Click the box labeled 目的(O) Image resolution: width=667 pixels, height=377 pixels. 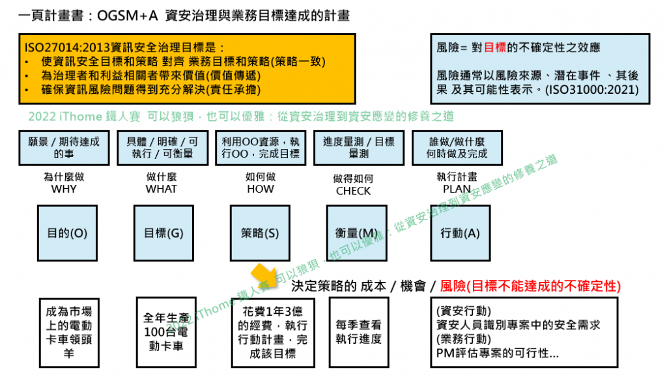[x=63, y=232]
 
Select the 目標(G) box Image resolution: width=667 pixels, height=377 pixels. [x=161, y=232]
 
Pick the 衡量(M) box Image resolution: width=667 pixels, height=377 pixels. [x=352, y=232]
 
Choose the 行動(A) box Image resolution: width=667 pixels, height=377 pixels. [x=460, y=232]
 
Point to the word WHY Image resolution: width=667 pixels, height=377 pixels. [x=63, y=189]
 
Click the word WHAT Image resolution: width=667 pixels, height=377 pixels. [x=161, y=189]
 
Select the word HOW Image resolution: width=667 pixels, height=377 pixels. [x=261, y=189]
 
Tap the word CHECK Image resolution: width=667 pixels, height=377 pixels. [x=353, y=191]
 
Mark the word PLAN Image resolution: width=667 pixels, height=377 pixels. [x=457, y=189]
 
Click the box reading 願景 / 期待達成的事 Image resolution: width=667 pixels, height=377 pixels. [x=63, y=148]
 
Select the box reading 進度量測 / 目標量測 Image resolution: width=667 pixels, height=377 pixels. [x=358, y=148]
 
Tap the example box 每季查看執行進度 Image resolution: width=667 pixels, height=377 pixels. [x=359, y=331]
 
